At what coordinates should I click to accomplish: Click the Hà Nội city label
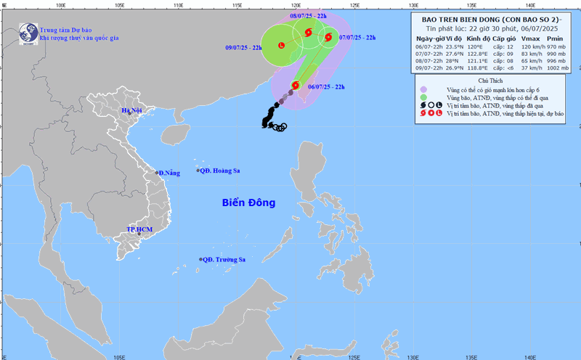coord(133,111)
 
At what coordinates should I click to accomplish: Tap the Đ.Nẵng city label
coord(169,173)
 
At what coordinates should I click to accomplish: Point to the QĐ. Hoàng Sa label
coord(221,171)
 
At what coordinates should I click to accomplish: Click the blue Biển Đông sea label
coord(249,202)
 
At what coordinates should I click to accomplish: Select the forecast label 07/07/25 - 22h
coord(357,36)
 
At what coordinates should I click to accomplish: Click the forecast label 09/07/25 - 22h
coord(244,48)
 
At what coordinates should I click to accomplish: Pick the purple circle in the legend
coord(423,89)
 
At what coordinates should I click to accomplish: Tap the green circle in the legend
coord(423,97)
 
